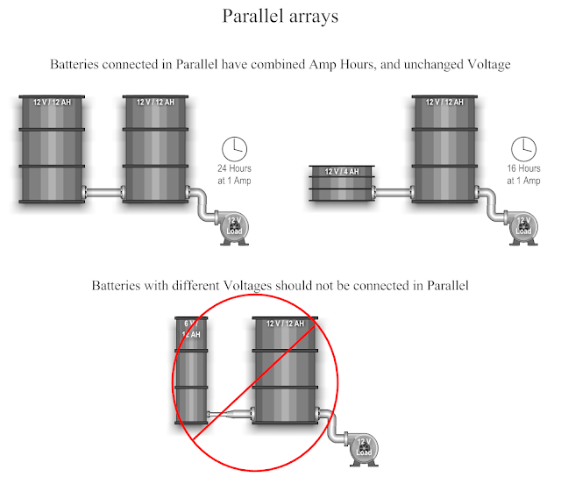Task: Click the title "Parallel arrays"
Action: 280,16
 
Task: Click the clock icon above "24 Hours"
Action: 234,149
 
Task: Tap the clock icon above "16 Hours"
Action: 523,149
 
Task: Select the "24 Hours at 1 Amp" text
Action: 234,174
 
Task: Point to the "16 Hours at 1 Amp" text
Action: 523,174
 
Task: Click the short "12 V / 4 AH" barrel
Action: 342,183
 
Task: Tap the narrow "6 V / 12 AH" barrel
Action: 191,370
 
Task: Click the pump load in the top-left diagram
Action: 234,228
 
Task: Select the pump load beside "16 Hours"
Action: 523,228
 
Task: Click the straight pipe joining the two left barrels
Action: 103,193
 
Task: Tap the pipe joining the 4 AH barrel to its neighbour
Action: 394,193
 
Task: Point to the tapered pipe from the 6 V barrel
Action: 231,415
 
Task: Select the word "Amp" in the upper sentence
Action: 323,65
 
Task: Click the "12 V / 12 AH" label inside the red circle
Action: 285,324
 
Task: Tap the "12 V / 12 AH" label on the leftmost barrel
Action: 52,103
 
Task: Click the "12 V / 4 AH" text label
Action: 342,171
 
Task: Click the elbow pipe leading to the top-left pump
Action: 203,204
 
